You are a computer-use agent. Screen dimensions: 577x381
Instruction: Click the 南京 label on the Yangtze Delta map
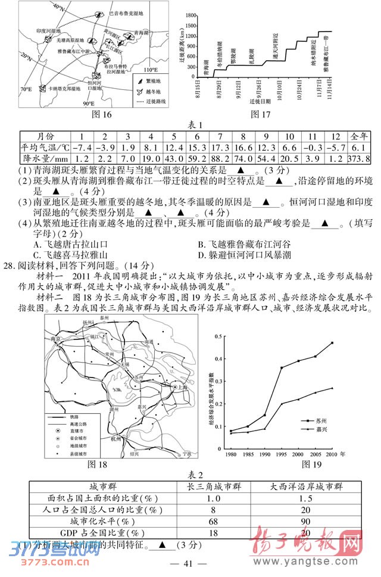[57, 339]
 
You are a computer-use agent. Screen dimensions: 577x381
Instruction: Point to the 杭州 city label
[115, 439]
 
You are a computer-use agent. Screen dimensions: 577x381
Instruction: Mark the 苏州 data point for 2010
[332, 342]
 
